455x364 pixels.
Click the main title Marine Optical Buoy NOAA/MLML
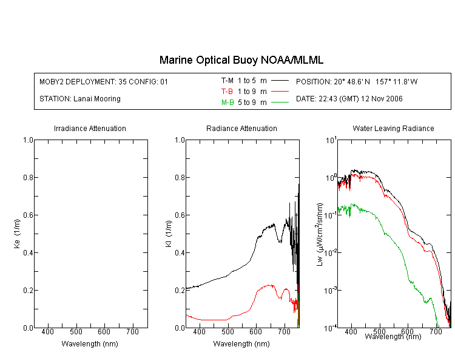coord(241,60)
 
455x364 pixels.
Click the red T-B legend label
coord(227,91)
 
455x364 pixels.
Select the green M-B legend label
coord(227,103)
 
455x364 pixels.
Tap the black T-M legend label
coord(227,80)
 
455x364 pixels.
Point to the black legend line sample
coord(279,80)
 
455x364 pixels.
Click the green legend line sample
coord(279,103)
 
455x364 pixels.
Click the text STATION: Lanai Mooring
coord(80,99)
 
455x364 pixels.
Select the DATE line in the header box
coord(349,99)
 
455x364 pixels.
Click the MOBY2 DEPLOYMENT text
coord(104,81)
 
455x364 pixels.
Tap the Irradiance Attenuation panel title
coord(90,129)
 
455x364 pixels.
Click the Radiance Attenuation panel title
coord(241,129)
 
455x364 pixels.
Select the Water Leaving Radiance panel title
coord(393,129)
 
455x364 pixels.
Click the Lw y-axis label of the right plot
coord(320,234)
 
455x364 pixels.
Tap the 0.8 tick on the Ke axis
coord(28,178)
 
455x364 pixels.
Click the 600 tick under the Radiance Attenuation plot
coord(255,332)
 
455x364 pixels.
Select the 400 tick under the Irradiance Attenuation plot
coord(48,332)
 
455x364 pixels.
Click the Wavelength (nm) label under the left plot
coord(90,344)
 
